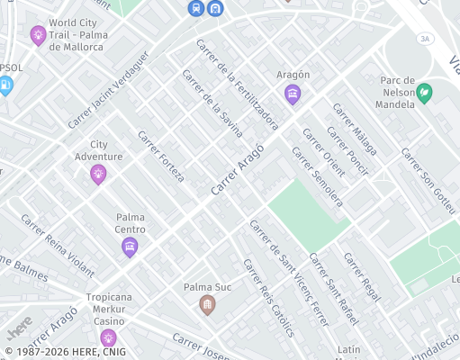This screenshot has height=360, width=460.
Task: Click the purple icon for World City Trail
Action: click(x=38, y=35)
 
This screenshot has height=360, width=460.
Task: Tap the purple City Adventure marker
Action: click(x=98, y=174)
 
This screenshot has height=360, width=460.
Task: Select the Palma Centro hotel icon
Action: click(x=130, y=247)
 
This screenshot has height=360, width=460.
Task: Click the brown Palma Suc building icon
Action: click(x=208, y=305)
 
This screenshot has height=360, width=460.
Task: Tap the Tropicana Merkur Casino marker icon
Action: click(x=109, y=337)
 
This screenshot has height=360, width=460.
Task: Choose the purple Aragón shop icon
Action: click(x=292, y=94)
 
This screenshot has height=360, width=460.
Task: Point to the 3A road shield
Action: click(x=426, y=38)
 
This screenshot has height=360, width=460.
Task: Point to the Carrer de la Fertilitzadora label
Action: click(x=237, y=85)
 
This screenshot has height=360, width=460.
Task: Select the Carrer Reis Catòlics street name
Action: click(x=268, y=298)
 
